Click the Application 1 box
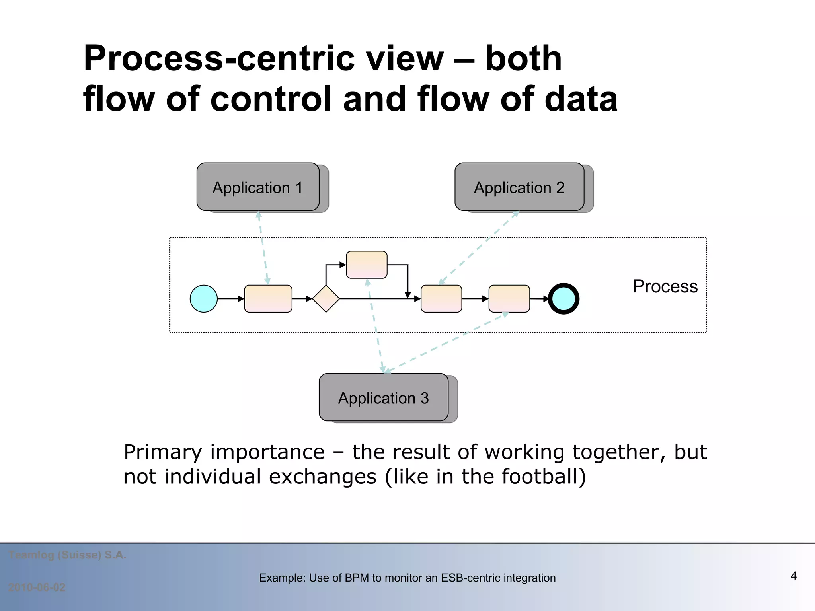(x=258, y=187)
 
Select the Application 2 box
(x=519, y=187)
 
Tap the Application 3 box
(x=383, y=397)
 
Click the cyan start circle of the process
(x=204, y=299)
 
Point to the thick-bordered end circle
(x=563, y=299)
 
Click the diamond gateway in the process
(x=326, y=299)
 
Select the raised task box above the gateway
(x=367, y=265)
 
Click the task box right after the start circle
(x=268, y=299)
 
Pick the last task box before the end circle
(x=509, y=299)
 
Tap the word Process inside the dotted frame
(x=665, y=286)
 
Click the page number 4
(x=793, y=576)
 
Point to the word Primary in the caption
(x=163, y=453)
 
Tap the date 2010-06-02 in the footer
(x=37, y=587)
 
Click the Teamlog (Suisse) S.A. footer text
(x=67, y=555)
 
